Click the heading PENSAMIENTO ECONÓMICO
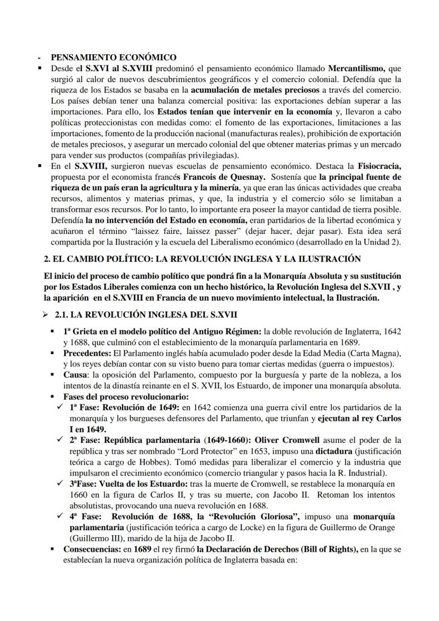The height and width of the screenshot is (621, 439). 113,57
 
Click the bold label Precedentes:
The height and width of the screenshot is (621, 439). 87,353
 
